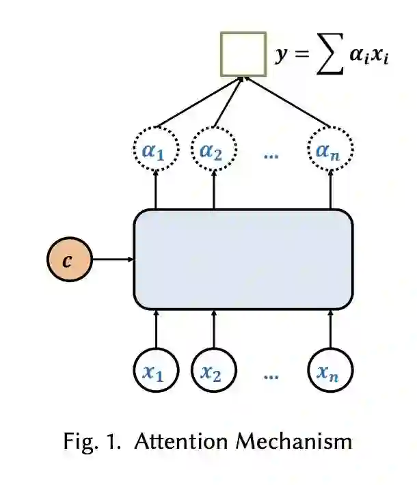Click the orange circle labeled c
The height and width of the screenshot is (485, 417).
coord(68,260)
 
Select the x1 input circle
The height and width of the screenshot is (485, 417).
coord(156,372)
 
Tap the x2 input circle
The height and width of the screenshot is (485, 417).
coord(213,372)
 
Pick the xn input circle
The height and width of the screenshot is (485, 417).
coord(331,372)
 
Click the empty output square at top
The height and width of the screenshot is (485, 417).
coord(243,54)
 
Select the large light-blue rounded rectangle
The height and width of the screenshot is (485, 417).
coord(243,260)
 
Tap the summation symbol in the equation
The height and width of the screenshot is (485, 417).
coord(329,56)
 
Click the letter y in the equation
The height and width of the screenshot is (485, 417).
coord(281,55)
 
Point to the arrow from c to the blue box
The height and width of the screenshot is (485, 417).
coord(112,260)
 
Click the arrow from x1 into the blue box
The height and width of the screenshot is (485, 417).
coord(156,329)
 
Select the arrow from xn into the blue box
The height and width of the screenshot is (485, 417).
coord(331,329)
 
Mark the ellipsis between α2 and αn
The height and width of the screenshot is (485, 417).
coord(271,155)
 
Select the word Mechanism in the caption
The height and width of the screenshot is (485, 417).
coord(293,441)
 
